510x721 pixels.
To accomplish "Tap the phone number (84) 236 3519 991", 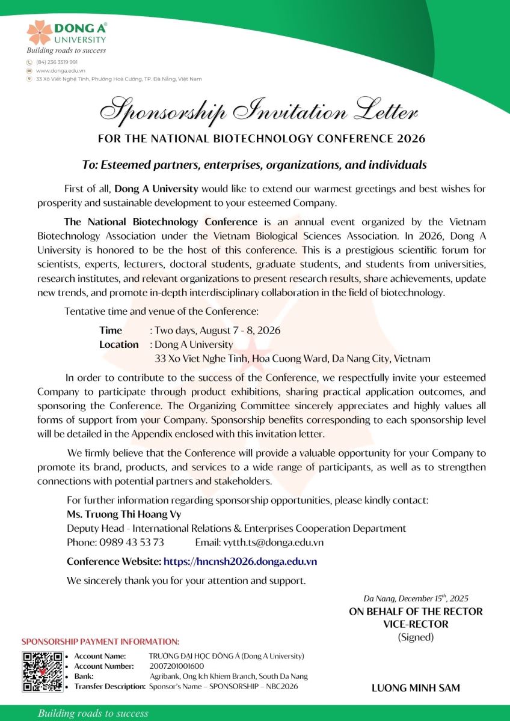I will [x=57, y=62].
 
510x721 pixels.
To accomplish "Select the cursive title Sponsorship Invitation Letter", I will [x=259, y=111].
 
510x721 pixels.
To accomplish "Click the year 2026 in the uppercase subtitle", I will [x=411, y=139].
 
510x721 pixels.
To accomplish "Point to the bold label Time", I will [x=111, y=330].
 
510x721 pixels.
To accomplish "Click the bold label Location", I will [x=118, y=344].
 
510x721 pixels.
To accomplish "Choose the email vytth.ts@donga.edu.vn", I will [x=269, y=542].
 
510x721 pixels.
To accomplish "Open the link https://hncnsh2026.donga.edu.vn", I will [x=240, y=562].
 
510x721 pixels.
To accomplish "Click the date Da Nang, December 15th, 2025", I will [x=416, y=598].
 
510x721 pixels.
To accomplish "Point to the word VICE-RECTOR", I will [x=416, y=624].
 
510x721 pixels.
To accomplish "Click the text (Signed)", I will [x=416, y=637].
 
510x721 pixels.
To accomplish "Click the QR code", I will [x=42, y=672].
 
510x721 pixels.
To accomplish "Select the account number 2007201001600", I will [x=176, y=666].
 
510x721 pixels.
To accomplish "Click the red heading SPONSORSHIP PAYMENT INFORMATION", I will [x=100, y=642].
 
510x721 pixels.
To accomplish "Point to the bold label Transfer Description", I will [x=109, y=686].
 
